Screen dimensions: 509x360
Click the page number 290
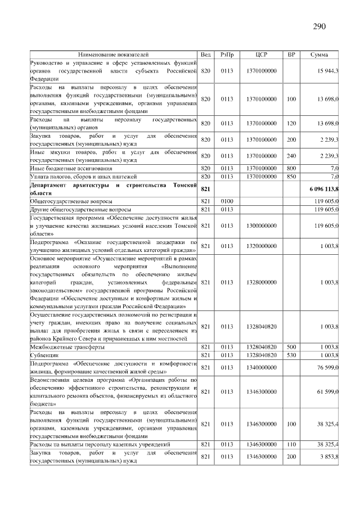pyautogui.click(x=319, y=26)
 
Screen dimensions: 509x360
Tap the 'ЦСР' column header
pyautogui.click(x=261, y=55)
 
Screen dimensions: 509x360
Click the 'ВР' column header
pyautogui.click(x=291, y=55)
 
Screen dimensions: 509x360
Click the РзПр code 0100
pyautogui.click(x=227, y=201)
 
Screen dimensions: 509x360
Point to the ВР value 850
pyautogui.click(x=291, y=176)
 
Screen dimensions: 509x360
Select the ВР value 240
pyautogui.click(x=291, y=156)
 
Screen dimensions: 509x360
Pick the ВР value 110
pyautogui.click(x=291, y=444)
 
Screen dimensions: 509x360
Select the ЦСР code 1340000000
pyautogui.click(x=261, y=367)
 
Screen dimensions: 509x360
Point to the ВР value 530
pyautogui.click(x=291, y=355)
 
